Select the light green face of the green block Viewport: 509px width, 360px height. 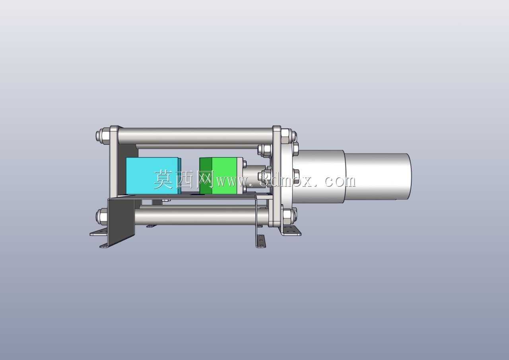(225, 176)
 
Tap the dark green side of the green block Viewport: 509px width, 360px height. (206, 176)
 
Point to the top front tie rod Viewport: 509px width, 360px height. (195, 134)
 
